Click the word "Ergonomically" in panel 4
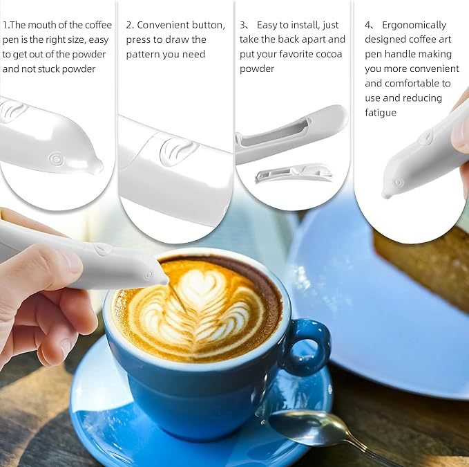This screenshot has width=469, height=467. [414, 25]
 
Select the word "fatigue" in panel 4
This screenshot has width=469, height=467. [381, 113]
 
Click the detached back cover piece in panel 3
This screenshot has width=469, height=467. [294, 173]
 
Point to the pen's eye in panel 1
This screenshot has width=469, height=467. [56, 158]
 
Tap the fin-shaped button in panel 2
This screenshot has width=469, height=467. [179, 152]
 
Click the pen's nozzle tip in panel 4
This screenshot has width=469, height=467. [387, 196]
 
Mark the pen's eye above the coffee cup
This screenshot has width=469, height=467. [149, 275]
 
